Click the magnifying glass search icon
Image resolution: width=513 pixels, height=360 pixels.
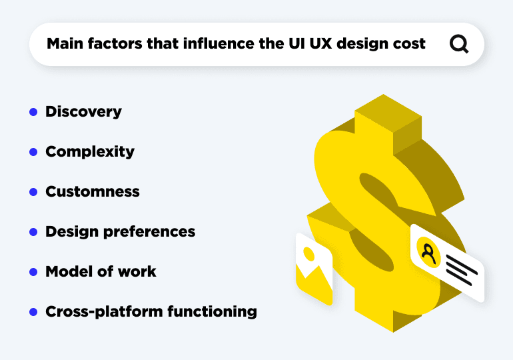[459, 44]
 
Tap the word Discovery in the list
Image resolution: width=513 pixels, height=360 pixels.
[83, 111]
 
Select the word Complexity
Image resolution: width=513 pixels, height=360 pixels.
[90, 151]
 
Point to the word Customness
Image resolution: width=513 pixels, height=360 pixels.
[93, 191]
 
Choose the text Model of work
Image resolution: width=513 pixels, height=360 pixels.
[101, 271]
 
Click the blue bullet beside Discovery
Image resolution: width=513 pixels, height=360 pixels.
[33, 112]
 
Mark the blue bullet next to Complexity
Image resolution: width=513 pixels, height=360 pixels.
[33, 152]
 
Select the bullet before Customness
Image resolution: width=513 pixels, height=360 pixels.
[33, 192]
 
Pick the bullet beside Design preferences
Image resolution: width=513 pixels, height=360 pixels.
[33, 232]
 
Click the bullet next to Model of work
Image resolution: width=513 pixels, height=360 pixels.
[33, 272]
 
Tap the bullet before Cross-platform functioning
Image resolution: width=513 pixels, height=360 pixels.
[33, 312]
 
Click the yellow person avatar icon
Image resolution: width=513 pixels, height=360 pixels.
[428, 252]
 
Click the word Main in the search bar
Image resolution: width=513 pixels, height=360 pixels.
[63, 45]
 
